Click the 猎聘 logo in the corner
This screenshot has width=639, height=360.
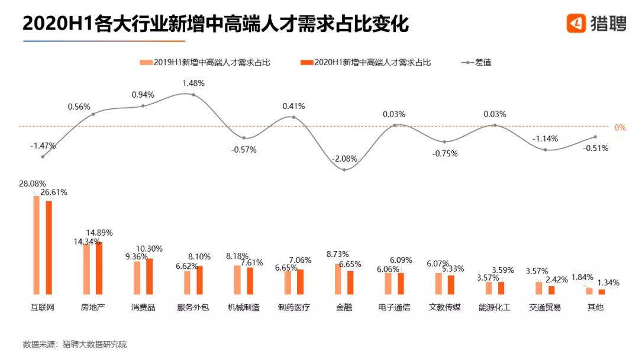[595, 23]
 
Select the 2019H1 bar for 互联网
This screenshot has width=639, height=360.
[36, 245]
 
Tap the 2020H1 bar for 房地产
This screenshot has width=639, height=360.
[99, 268]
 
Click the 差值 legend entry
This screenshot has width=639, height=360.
[476, 62]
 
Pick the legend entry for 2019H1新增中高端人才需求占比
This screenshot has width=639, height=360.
[205, 62]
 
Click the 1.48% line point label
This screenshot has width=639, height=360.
[193, 83]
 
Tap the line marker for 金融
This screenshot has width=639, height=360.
[344, 170]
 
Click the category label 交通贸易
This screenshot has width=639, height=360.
[545, 308]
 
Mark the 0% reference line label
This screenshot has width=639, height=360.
[620, 127]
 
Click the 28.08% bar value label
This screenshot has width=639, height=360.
[32, 184]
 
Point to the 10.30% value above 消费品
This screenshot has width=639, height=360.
[149, 249]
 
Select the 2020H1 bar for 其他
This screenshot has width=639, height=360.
[602, 291]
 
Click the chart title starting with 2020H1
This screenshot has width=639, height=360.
[215, 25]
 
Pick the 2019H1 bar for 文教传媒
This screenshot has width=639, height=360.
[438, 283]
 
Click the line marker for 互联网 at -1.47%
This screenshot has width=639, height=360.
[43, 156]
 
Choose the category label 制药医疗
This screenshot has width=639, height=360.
[294, 308]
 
